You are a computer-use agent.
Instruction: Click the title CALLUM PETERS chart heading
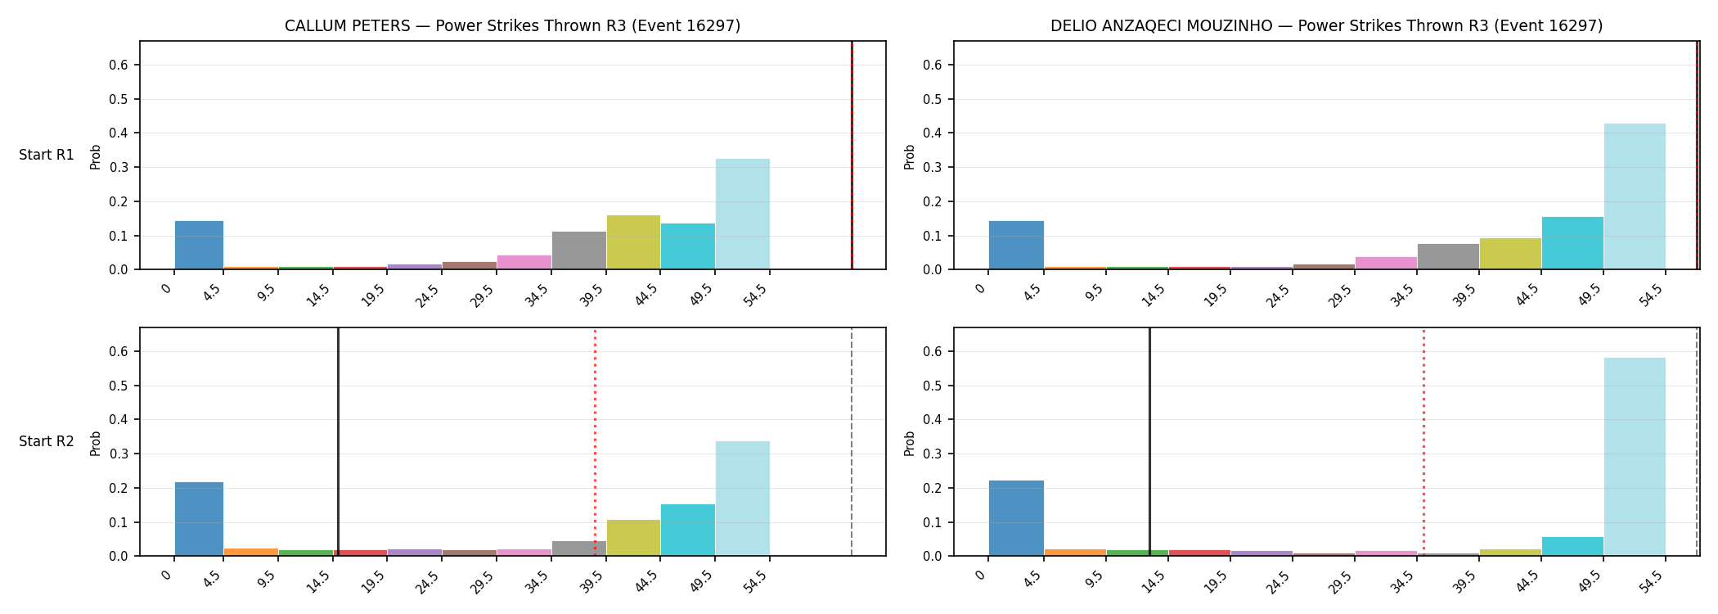click(x=512, y=26)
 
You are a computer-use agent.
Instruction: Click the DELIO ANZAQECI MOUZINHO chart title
click(x=1326, y=26)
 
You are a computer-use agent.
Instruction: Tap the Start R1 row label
click(x=47, y=155)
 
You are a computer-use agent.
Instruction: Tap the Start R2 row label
click(x=47, y=441)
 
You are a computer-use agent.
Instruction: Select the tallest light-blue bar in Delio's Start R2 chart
click(x=1635, y=457)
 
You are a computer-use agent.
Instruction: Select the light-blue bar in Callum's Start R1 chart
click(x=743, y=214)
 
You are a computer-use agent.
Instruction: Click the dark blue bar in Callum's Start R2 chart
click(x=199, y=519)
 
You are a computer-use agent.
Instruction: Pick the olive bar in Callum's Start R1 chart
click(x=633, y=242)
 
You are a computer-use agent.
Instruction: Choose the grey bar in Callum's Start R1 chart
click(x=579, y=251)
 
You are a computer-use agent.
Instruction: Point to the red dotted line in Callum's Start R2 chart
click(x=595, y=442)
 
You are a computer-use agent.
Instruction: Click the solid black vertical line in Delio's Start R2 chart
click(x=1149, y=442)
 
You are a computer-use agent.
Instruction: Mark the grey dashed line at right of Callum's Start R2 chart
click(x=852, y=442)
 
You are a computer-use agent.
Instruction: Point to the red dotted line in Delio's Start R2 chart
click(x=1423, y=442)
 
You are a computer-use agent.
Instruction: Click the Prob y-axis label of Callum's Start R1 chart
click(x=96, y=156)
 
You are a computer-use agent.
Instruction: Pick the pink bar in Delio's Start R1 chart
click(x=1386, y=263)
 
